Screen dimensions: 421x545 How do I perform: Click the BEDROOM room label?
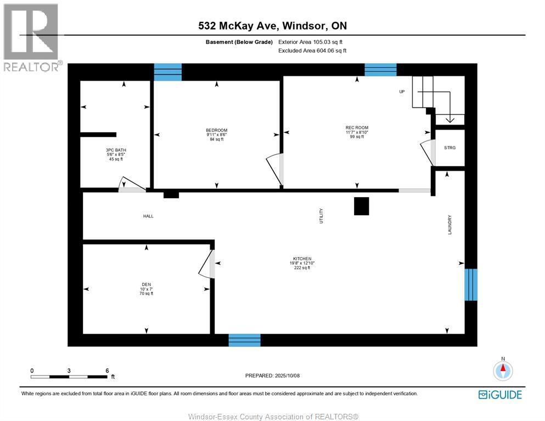pos(217,130)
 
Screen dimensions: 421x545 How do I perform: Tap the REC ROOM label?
pos(357,128)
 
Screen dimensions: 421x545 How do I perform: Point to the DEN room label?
pos(146,284)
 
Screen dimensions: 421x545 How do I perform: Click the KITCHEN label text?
pos(302,259)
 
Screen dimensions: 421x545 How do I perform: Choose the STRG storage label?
pos(450,148)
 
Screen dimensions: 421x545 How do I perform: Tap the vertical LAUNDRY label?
pos(450,224)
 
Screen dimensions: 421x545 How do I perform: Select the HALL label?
pos(148,216)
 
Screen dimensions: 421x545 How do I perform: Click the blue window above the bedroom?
pos(167,72)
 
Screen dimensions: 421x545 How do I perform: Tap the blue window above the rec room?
pos(380,69)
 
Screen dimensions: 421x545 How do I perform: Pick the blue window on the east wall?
pos(471,284)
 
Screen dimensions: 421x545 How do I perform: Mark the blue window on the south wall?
pos(244,340)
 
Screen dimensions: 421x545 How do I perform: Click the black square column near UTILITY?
pos(362,206)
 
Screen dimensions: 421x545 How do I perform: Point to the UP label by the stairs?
pos(402,92)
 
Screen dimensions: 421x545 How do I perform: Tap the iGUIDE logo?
pos(500,395)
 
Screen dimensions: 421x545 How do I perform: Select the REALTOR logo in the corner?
pos(31,37)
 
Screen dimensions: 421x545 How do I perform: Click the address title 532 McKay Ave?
pos(272,26)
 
